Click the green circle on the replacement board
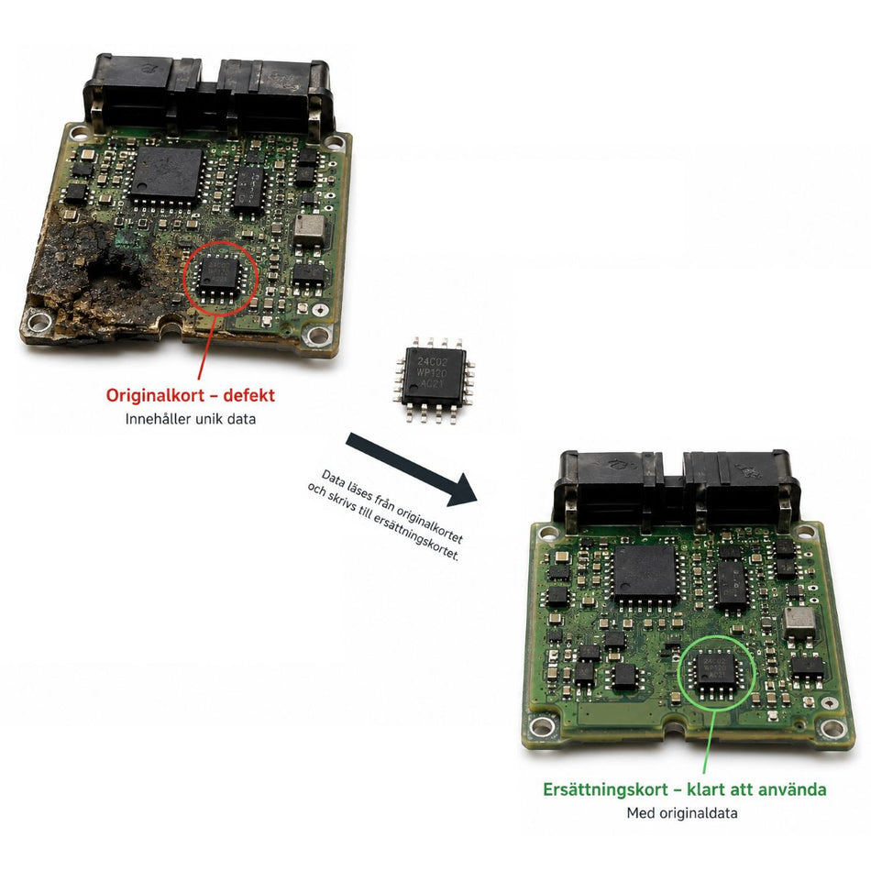click(x=679, y=672)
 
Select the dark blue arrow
click(x=411, y=469)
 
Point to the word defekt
click(x=248, y=395)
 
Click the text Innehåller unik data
click(x=191, y=419)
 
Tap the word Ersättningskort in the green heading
click(x=605, y=789)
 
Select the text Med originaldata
click(x=682, y=813)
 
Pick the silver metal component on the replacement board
click(x=799, y=623)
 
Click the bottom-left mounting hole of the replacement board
click(x=541, y=725)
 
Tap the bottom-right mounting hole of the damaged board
click(x=317, y=335)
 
